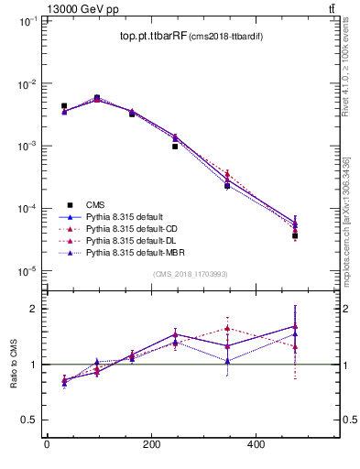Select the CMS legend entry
pyautogui.click(x=95, y=205)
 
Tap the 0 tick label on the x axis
pyautogui.click(x=47, y=446)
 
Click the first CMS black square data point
pyautogui.click(x=63, y=106)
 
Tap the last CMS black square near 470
pyautogui.click(x=295, y=235)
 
